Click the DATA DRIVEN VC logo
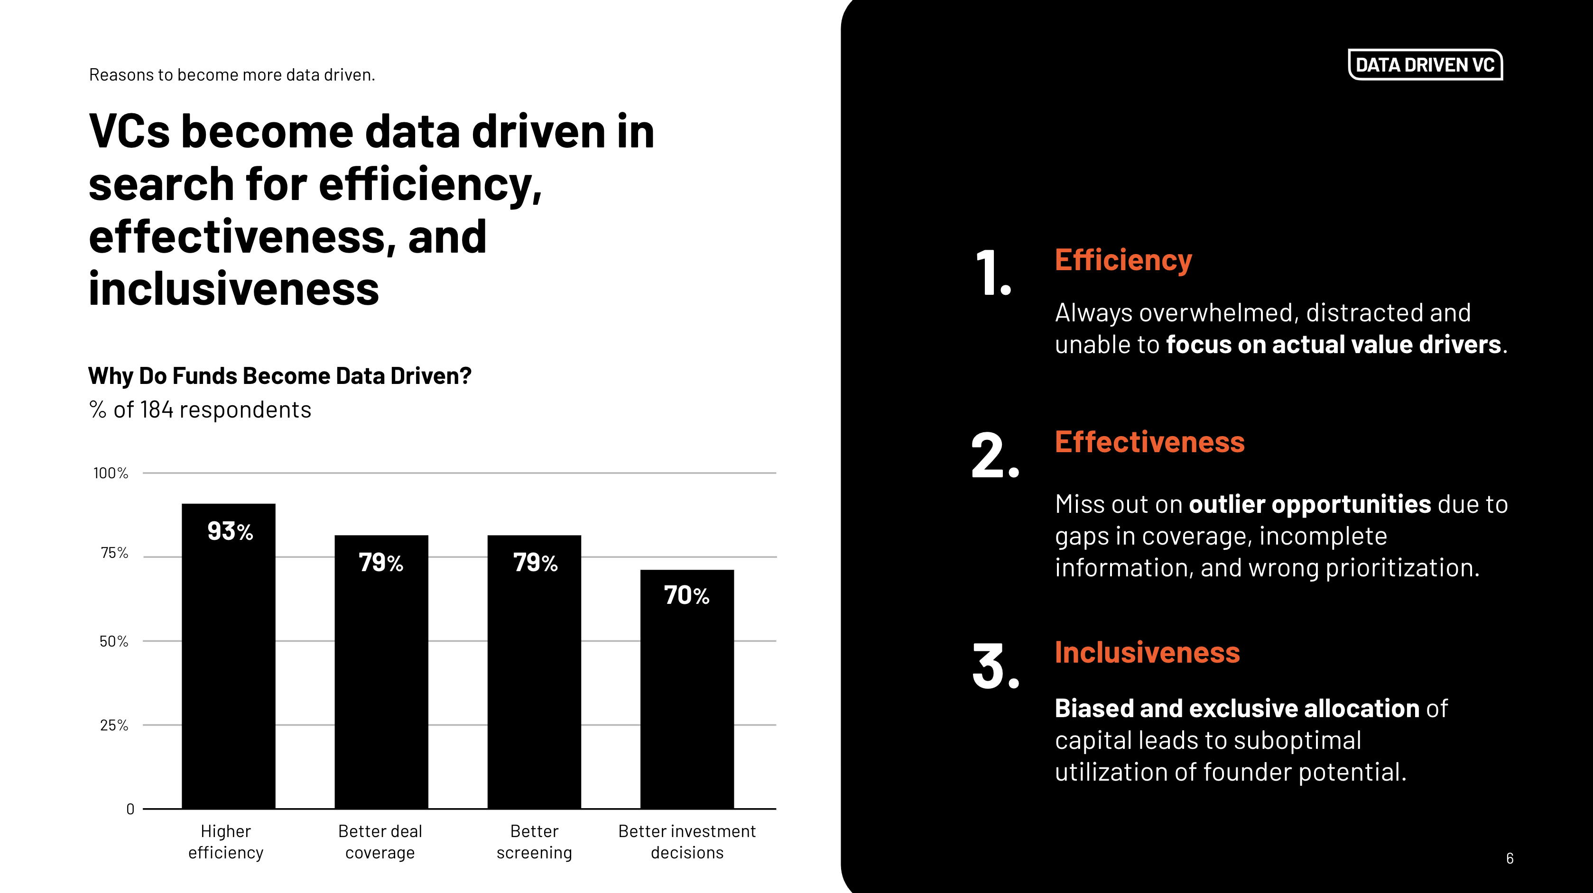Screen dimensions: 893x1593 (x=1425, y=65)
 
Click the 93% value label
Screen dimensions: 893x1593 (x=230, y=531)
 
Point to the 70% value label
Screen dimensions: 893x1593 (x=686, y=595)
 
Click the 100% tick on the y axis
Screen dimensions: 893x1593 (x=111, y=474)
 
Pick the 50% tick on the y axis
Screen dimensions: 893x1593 (x=114, y=641)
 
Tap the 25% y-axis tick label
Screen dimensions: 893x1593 (x=114, y=726)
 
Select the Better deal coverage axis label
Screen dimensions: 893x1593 (x=380, y=842)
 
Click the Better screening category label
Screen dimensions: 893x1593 (x=534, y=842)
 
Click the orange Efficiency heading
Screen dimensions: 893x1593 (x=1123, y=260)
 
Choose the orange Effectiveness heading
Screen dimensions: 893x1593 (x=1149, y=443)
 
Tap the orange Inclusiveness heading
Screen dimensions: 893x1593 (x=1147, y=653)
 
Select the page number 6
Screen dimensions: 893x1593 (x=1510, y=858)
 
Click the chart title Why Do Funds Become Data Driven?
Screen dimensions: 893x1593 (x=279, y=376)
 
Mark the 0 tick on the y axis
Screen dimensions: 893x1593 (x=130, y=809)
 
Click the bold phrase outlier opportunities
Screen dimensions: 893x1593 (x=1309, y=504)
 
